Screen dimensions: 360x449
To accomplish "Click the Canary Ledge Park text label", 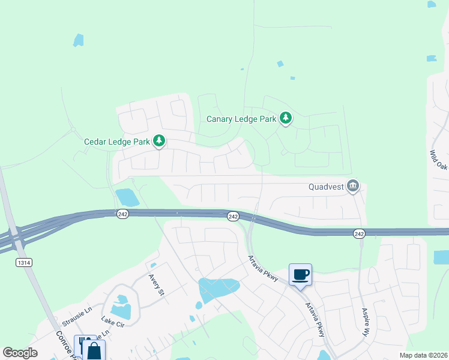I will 241,119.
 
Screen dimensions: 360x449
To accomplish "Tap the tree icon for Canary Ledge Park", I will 286,118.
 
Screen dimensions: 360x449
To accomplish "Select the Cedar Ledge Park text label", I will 117,142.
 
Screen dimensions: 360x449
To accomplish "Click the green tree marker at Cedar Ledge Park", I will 159,141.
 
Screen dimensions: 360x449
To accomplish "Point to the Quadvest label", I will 326,187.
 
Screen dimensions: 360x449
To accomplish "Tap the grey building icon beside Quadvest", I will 353,187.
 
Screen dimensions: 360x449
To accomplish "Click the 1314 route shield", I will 24,263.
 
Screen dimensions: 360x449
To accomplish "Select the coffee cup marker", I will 300,275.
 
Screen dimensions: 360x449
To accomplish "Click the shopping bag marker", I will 95,350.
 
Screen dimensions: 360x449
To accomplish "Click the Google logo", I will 20,353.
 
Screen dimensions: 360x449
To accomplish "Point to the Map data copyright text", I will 423,355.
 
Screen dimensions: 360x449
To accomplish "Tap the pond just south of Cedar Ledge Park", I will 127,197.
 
